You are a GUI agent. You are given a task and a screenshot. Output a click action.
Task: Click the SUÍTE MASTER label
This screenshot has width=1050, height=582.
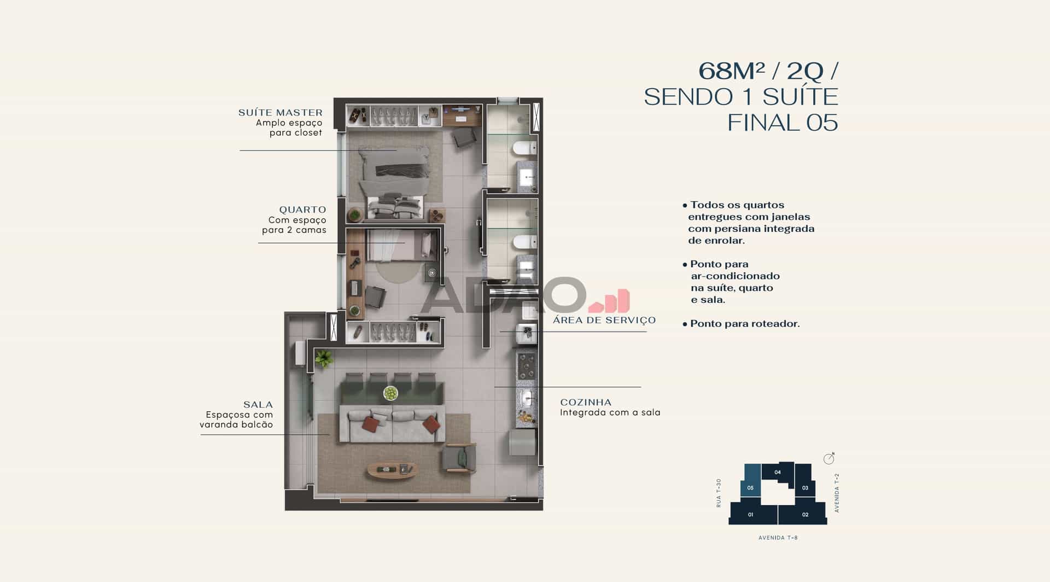pos(280,113)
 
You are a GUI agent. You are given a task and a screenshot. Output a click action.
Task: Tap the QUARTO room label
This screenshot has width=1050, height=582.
pos(302,209)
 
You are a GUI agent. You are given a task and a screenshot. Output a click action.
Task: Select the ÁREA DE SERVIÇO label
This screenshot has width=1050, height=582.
pos(604,321)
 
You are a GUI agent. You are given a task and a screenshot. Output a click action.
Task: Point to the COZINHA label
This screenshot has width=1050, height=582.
pos(586,403)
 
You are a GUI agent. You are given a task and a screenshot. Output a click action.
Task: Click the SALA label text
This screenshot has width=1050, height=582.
pos(258,405)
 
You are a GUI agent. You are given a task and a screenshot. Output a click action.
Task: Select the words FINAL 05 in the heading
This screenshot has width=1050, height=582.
pos(783,123)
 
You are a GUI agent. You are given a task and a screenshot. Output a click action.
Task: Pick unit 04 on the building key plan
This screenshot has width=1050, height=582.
pos(778,472)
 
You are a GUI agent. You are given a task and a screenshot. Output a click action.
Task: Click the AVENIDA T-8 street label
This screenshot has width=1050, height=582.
pos(778,538)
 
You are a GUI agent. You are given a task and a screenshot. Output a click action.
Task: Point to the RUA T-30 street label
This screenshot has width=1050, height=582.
pos(719,493)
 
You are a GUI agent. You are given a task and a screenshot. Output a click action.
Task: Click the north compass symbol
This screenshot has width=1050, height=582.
pos(829,458)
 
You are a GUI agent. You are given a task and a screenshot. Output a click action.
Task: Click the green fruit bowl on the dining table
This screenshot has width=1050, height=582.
pos(390,393)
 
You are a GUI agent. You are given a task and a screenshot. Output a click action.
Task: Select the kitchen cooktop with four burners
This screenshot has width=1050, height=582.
pos(527,366)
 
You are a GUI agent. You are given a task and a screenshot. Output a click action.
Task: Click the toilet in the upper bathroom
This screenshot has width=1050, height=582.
pos(524,147)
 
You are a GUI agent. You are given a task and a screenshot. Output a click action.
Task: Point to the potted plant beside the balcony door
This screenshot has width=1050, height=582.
pos(324,358)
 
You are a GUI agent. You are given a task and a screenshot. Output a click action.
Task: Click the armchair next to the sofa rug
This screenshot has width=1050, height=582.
pos(459,457)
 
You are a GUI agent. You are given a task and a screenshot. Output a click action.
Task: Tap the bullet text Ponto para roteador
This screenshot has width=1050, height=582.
pos(741,324)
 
